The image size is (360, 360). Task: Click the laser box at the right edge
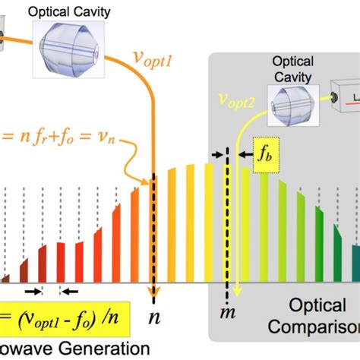(346, 99)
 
